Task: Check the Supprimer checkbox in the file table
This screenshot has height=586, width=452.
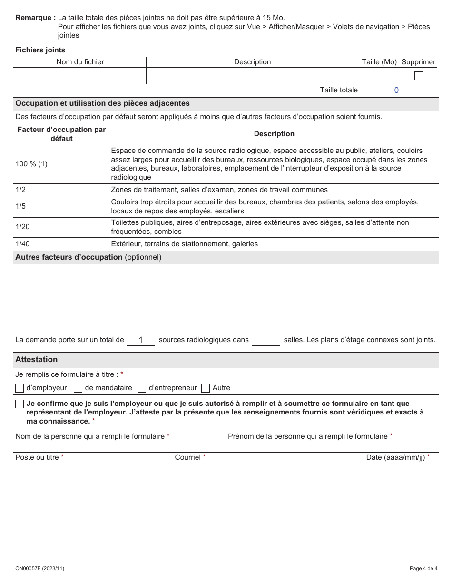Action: coord(418,76)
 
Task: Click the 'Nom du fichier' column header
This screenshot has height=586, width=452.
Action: coord(80,62)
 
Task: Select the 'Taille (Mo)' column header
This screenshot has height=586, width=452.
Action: coord(379,62)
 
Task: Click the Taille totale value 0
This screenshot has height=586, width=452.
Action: coord(396,90)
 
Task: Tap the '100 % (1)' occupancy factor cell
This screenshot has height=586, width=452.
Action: coord(31,164)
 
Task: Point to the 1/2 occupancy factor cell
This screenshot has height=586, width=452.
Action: coord(21,190)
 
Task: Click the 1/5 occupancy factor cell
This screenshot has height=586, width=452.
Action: coord(21,207)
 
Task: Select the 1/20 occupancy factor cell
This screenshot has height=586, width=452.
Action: coord(22,227)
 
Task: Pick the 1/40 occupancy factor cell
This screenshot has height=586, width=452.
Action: coord(22,244)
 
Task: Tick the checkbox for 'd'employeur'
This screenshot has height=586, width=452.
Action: coord(20,388)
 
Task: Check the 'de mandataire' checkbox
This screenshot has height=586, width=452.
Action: coord(78,388)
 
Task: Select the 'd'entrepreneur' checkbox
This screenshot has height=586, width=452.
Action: coord(142,388)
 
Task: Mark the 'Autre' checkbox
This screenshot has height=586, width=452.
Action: coord(206,388)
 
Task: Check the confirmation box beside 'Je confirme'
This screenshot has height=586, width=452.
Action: coord(20,404)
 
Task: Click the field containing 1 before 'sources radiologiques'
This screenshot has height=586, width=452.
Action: coord(141,340)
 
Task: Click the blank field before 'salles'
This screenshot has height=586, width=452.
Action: coord(265,340)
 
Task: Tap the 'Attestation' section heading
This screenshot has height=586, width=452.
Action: coord(36,360)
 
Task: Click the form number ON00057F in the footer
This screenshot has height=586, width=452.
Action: coord(39,568)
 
